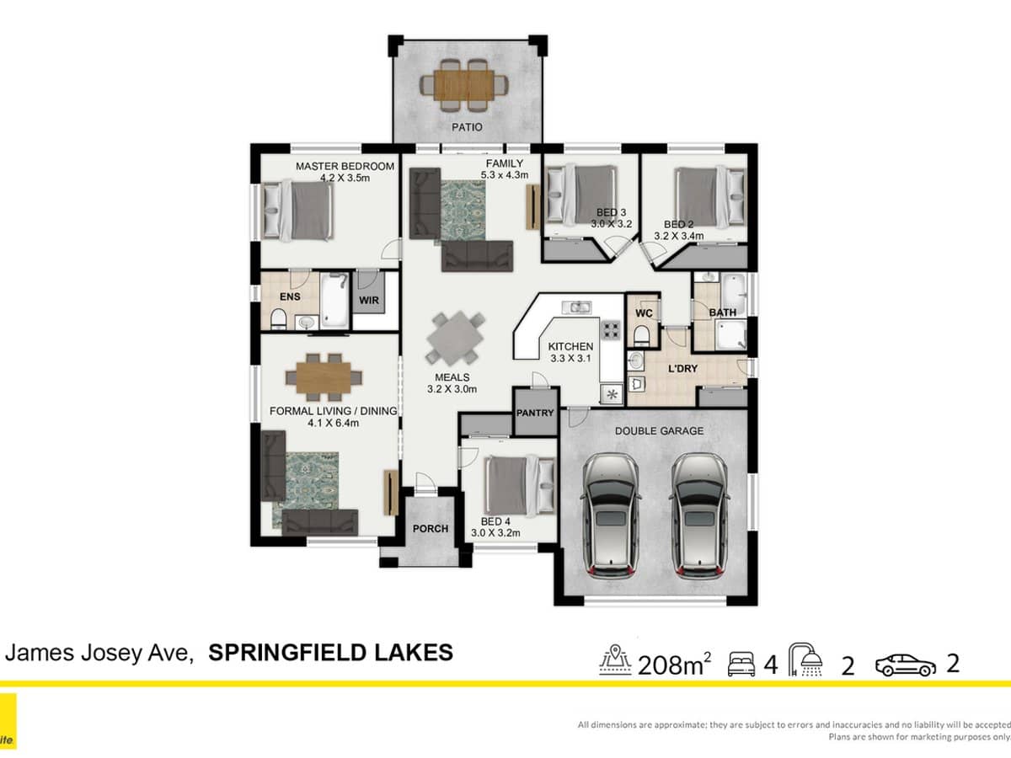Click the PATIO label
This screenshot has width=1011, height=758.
[x=467, y=127]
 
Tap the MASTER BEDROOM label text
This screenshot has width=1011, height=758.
[x=345, y=167]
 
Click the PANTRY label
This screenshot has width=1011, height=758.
[x=536, y=413]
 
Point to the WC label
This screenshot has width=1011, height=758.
[x=645, y=313]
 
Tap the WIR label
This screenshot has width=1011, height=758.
[x=368, y=299]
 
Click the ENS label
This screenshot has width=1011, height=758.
[x=290, y=296]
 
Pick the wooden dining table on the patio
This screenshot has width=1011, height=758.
[x=467, y=83]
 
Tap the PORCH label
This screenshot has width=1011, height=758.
[x=430, y=529]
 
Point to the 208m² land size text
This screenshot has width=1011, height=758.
[x=674, y=665]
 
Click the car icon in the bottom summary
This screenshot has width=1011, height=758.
[x=905, y=666]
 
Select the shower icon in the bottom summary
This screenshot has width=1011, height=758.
[x=806, y=662]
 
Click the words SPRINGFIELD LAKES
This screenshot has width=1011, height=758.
[x=330, y=653]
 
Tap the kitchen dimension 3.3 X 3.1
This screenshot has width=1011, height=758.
[x=570, y=358]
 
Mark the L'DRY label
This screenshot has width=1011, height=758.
[x=682, y=369]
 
